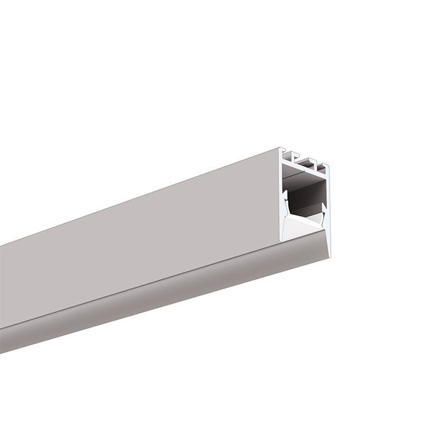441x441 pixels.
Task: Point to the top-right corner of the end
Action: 328,166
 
